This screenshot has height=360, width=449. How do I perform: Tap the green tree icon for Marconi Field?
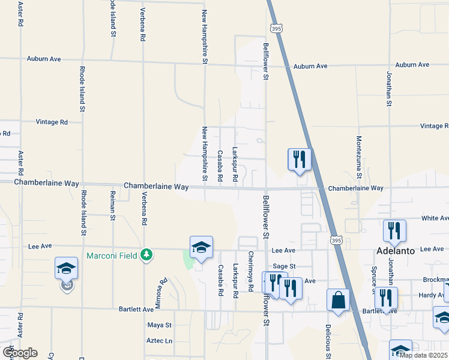(146, 256)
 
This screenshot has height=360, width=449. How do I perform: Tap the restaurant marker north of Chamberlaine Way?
(299, 160)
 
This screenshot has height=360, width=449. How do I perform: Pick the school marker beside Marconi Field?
(201, 247)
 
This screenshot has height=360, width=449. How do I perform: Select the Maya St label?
(160, 325)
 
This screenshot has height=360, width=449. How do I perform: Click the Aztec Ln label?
(160, 340)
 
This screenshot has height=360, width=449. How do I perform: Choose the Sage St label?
(284, 266)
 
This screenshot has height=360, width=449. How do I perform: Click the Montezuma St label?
(359, 157)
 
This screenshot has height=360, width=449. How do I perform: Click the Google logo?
(20, 352)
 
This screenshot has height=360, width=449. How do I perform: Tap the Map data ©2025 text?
(423, 355)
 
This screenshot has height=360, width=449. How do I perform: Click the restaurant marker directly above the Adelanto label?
(394, 230)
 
